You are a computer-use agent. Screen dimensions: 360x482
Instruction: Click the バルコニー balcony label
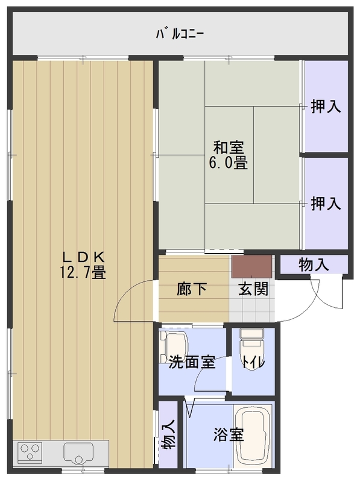click(180, 34)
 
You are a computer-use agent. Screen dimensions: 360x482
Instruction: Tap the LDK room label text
click(84, 257)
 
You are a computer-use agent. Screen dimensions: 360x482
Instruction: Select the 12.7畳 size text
click(83, 272)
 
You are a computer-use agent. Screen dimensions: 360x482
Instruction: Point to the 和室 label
click(229, 148)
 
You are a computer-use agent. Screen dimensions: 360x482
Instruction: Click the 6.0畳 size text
click(229, 163)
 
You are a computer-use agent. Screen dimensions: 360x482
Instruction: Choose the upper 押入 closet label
click(326, 107)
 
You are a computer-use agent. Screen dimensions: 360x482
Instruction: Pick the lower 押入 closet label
click(326, 204)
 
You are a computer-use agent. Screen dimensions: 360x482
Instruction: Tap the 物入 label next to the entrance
click(314, 264)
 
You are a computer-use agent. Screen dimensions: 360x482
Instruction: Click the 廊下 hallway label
click(191, 289)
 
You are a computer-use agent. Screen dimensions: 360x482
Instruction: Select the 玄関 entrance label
click(253, 289)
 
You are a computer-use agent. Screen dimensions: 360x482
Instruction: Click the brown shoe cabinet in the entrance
click(251, 266)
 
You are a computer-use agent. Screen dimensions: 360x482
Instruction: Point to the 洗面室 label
click(192, 363)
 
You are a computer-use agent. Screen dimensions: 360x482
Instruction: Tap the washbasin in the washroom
click(174, 346)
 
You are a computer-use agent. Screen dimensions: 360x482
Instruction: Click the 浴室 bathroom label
click(229, 435)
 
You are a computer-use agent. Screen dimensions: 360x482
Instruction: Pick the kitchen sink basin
click(78, 452)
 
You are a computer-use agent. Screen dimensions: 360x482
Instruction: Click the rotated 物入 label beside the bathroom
click(168, 435)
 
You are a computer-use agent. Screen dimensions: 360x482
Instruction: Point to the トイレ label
click(253, 363)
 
